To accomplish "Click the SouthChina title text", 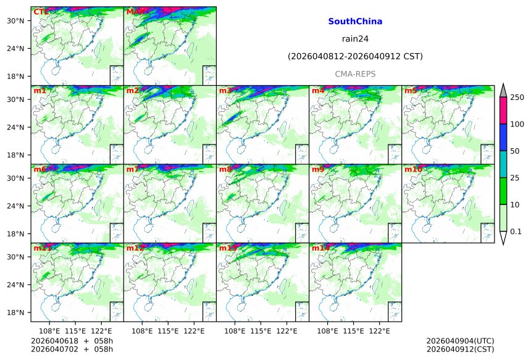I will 355,22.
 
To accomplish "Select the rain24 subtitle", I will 355,39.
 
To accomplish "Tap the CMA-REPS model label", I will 355,74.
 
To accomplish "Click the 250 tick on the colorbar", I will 517,97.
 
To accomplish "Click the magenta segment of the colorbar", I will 503,111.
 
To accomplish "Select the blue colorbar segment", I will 503,138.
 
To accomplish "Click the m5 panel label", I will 411,91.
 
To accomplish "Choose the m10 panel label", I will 413,169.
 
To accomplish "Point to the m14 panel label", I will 320,248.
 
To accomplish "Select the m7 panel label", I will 133,169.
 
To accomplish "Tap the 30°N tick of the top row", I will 15,20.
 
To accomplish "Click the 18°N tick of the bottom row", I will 15,312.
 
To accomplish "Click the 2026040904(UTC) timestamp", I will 460,341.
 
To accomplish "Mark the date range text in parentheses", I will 355,57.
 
